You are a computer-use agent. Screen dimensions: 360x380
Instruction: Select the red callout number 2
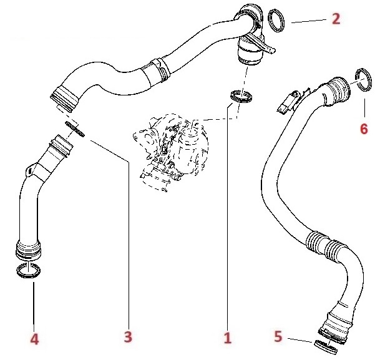(336, 18)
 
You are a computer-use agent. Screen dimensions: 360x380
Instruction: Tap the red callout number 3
(128, 338)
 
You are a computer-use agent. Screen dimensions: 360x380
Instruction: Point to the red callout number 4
(34, 339)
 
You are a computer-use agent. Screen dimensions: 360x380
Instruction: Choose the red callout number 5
(279, 337)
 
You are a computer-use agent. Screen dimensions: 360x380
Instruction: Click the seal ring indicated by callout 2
(278, 20)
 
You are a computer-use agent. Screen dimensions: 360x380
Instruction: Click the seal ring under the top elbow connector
(240, 96)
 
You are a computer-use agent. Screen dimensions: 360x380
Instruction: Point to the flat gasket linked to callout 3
(76, 129)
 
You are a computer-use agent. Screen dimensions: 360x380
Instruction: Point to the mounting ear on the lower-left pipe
(29, 168)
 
